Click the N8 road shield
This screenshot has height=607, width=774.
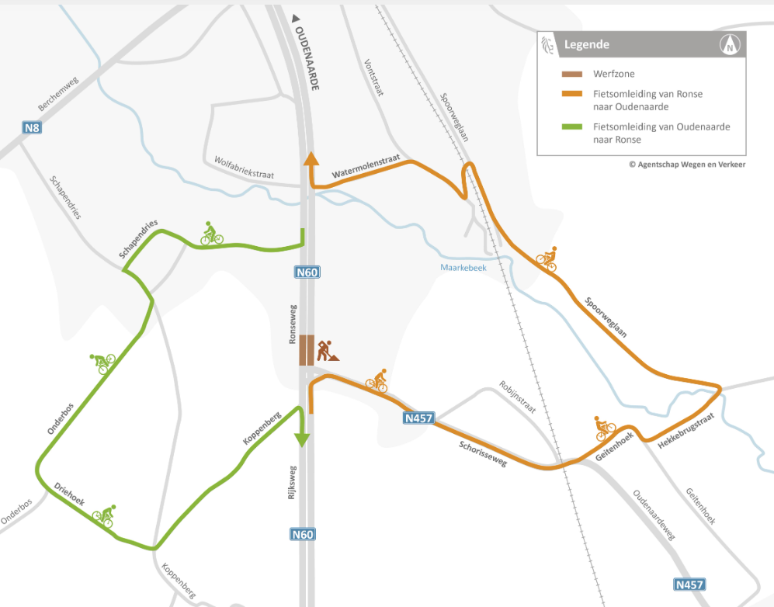coord(31,128)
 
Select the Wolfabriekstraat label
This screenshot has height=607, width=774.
coord(245,168)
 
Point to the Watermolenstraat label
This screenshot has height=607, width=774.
coord(366,166)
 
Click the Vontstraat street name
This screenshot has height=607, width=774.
coord(373,78)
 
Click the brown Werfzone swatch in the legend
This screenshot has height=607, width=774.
coord(573,75)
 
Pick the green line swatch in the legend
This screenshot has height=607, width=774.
coord(573,127)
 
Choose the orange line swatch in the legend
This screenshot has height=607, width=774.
coord(573,94)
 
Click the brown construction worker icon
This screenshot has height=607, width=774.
coord(328,351)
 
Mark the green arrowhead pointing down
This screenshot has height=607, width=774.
coord(301,439)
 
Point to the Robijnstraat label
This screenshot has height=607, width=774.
coord(518,398)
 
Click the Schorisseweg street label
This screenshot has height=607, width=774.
coord(482,451)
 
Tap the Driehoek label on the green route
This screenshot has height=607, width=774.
coord(69,495)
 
